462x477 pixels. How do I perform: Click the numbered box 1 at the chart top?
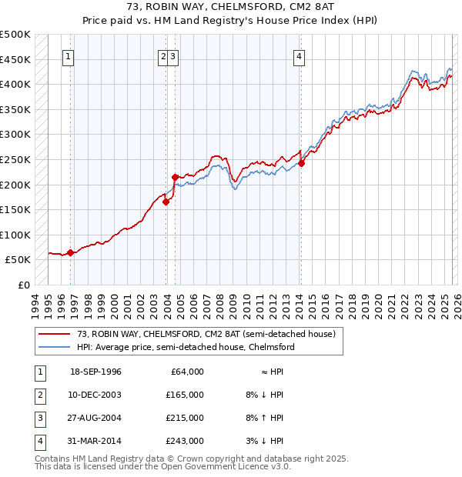[69, 55]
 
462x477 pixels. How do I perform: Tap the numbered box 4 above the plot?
[298, 55]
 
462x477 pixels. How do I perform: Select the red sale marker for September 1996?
[70, 252]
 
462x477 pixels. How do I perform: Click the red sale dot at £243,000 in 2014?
[301, 163]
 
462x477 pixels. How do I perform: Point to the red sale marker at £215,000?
[175, 177]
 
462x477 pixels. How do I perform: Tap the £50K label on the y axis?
[18, 260]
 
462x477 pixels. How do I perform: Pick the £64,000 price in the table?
[186, 372]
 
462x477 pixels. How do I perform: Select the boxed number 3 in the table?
[38, 418]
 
